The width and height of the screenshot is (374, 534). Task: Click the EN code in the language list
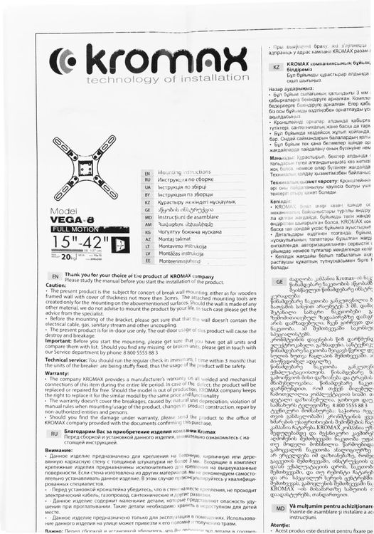point(146,173)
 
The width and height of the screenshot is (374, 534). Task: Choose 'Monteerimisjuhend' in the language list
point(182,261)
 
